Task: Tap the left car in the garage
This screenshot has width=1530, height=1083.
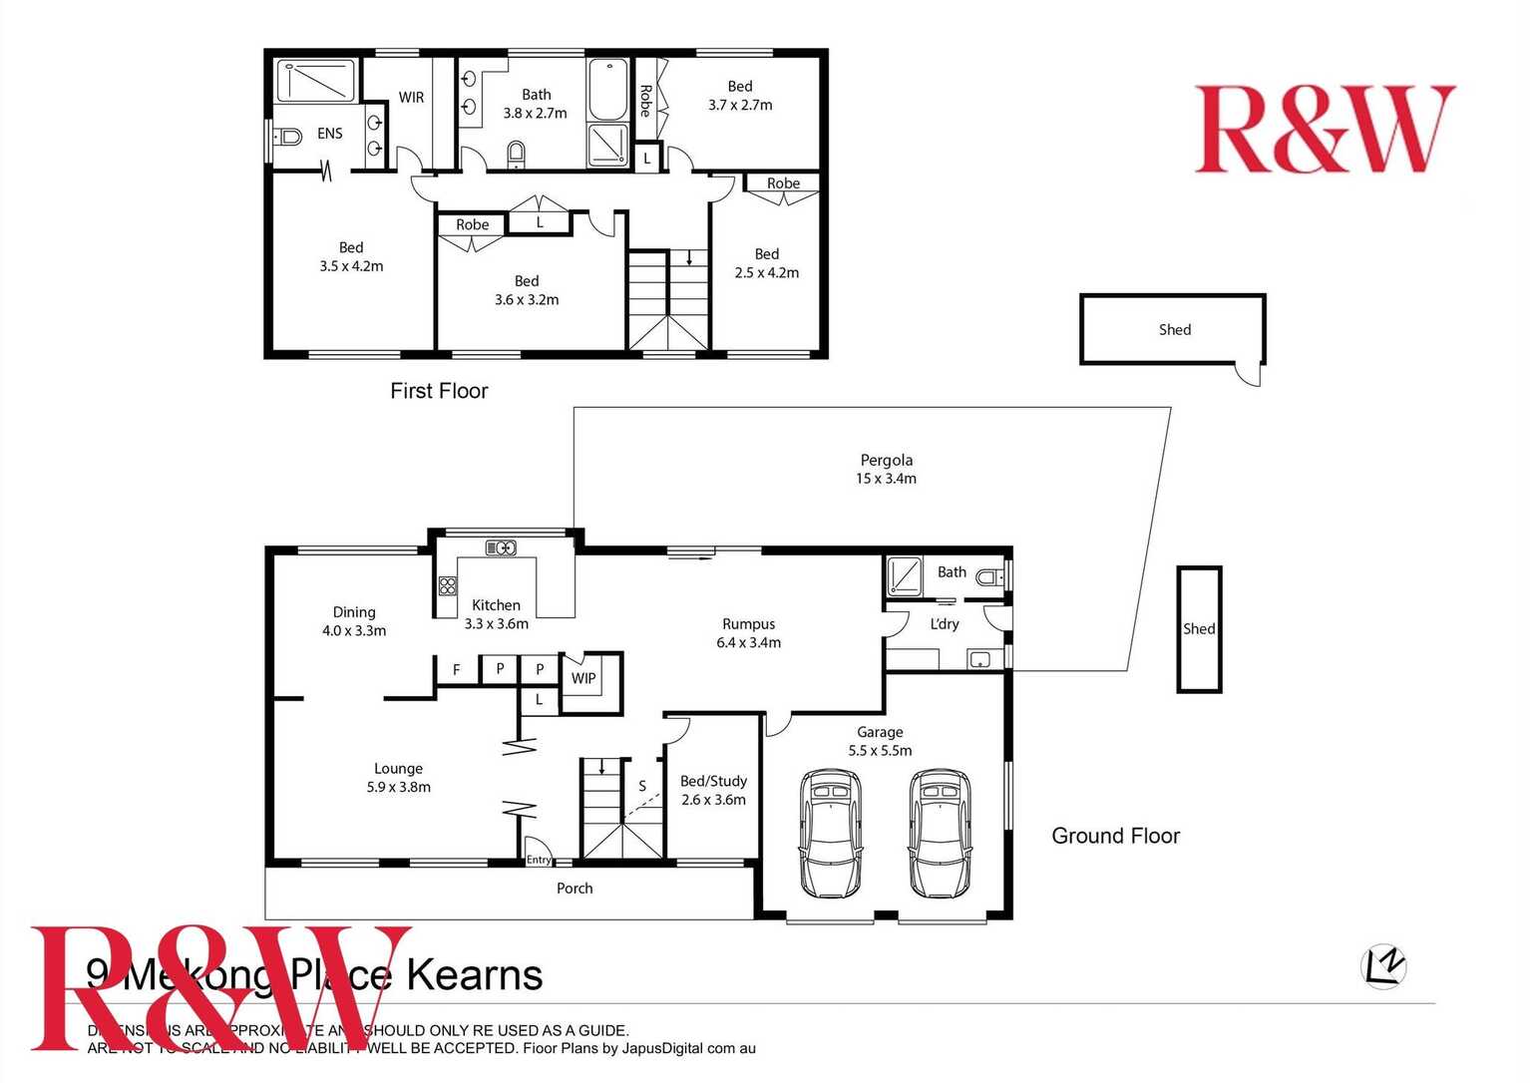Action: click(830, 832)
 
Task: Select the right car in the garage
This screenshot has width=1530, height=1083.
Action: click(940, 832)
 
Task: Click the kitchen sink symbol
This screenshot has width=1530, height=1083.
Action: click(501, 547)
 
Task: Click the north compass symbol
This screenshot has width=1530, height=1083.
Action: click(1383, 965)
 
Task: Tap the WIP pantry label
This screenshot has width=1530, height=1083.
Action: click(583, 678)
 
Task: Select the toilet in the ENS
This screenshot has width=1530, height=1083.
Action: click(288, 136)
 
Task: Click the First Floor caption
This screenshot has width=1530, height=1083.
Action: click(439, 391)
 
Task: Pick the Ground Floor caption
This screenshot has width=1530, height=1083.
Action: click(1115, 836)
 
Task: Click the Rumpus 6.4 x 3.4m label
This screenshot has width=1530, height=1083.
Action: click(748, 633)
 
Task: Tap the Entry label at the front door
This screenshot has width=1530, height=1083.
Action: click(539, 859)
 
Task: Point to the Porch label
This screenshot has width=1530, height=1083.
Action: click(574, 888)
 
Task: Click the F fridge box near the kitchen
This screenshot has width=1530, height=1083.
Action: click(457, 670)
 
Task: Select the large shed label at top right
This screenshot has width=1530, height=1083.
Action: click(1174, 329)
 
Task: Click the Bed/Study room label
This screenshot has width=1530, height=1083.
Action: click(713, 790)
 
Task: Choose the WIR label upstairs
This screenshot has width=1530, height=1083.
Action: click(411, 97)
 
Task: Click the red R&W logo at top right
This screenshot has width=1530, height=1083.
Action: click(1325, 129)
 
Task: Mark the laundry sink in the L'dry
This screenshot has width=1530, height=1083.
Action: click(978, 659)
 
